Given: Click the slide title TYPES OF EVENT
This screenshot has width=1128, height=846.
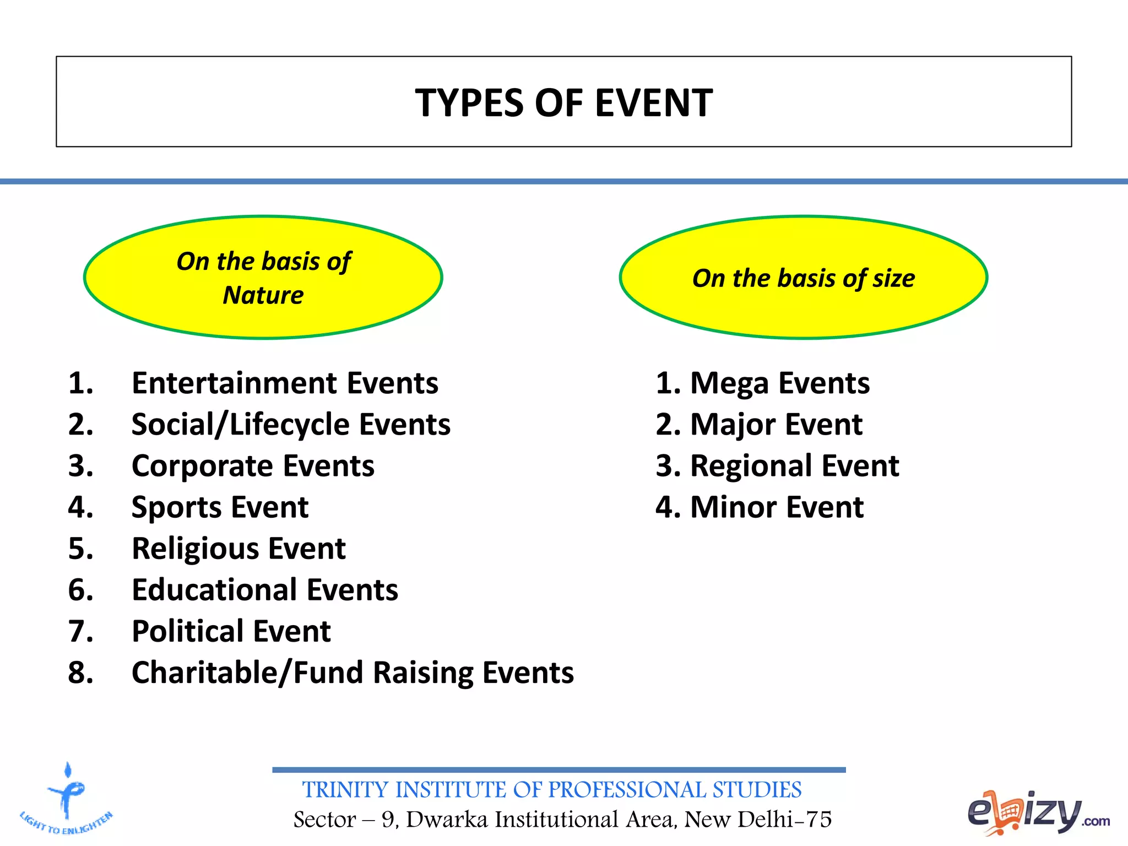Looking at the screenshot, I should click(x=563, y=103).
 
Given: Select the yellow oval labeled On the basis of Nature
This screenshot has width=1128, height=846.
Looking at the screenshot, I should click(x=263, y=277).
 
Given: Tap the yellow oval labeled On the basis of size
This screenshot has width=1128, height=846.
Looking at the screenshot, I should click(x=803, y=278).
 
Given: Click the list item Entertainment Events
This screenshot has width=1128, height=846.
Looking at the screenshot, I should click(x=285, y=383).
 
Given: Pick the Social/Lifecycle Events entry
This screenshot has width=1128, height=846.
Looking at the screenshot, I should click(x=291, y=425).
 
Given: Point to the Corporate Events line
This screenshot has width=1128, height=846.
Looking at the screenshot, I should click(x=253, y=466).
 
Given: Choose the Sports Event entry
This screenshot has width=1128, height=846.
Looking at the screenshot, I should click(x=220, y=507).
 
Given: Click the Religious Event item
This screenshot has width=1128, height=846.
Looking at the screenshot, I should click(x=238, y=549).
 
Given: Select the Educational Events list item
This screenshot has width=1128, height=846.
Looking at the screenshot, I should click(x=265, y=590).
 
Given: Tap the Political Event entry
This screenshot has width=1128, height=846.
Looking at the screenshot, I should click(x=231, y=631).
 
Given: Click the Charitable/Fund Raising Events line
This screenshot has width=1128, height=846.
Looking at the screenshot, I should click(x=352, y=673).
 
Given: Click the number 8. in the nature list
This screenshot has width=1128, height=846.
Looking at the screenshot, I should click(x=80, y=673).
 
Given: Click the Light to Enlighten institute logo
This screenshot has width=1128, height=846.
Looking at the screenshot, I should click(x=67, y=799).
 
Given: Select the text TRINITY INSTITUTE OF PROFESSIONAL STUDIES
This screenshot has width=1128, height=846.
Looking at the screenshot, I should click(x=552, y=790).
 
